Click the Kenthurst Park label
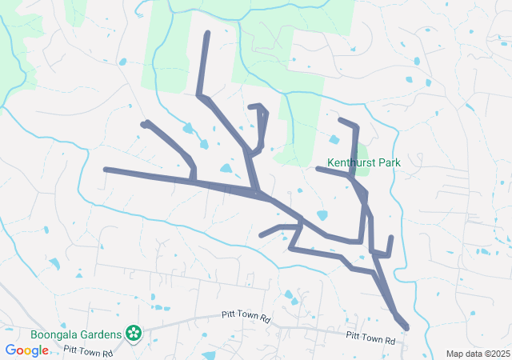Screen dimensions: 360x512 click(x=364, y=162)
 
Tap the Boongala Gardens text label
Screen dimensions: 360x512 click(x=77, y=334)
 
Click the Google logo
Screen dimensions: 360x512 click(x=26, y=350)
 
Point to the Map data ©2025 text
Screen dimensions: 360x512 click(x=477, y=354)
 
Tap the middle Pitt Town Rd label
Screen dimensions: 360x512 click(x=247, y=318)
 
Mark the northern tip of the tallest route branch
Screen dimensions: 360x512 click(x=207, y=34)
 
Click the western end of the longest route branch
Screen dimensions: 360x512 click(x=106, y=170)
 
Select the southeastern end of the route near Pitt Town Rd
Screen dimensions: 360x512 click(x=406, y=327)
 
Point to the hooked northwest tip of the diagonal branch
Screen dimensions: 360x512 click(x=145, y=123)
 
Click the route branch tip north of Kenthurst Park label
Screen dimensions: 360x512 click(x=341, y=120)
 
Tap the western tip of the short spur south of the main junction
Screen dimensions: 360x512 click(x=262, y=235)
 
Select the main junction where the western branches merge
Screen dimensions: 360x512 click(x=258, y=193)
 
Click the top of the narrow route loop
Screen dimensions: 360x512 click(x=258, y=106)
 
